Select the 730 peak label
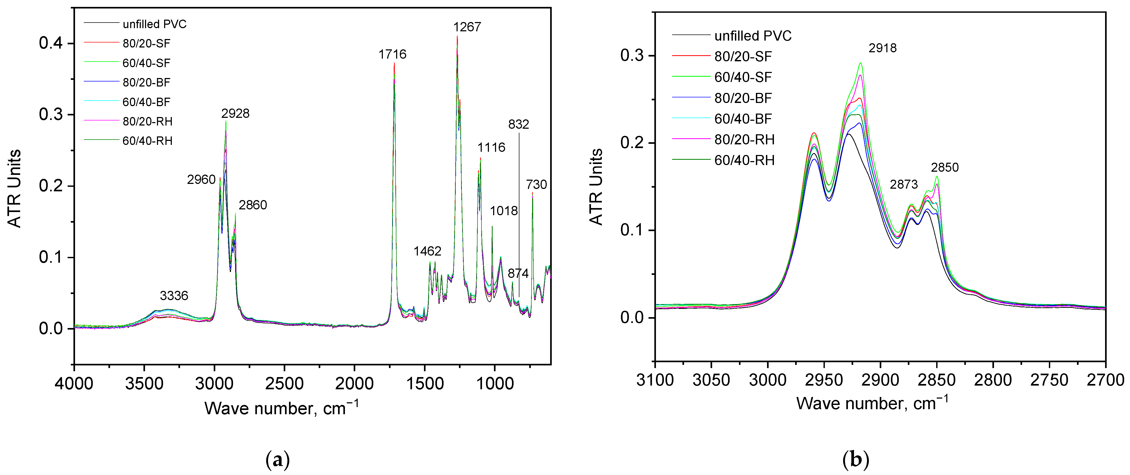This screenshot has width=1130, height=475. click(x=536, y=185)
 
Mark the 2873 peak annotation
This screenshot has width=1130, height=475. click(x=903, y=184)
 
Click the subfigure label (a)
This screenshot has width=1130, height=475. click(x=278, y=460)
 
